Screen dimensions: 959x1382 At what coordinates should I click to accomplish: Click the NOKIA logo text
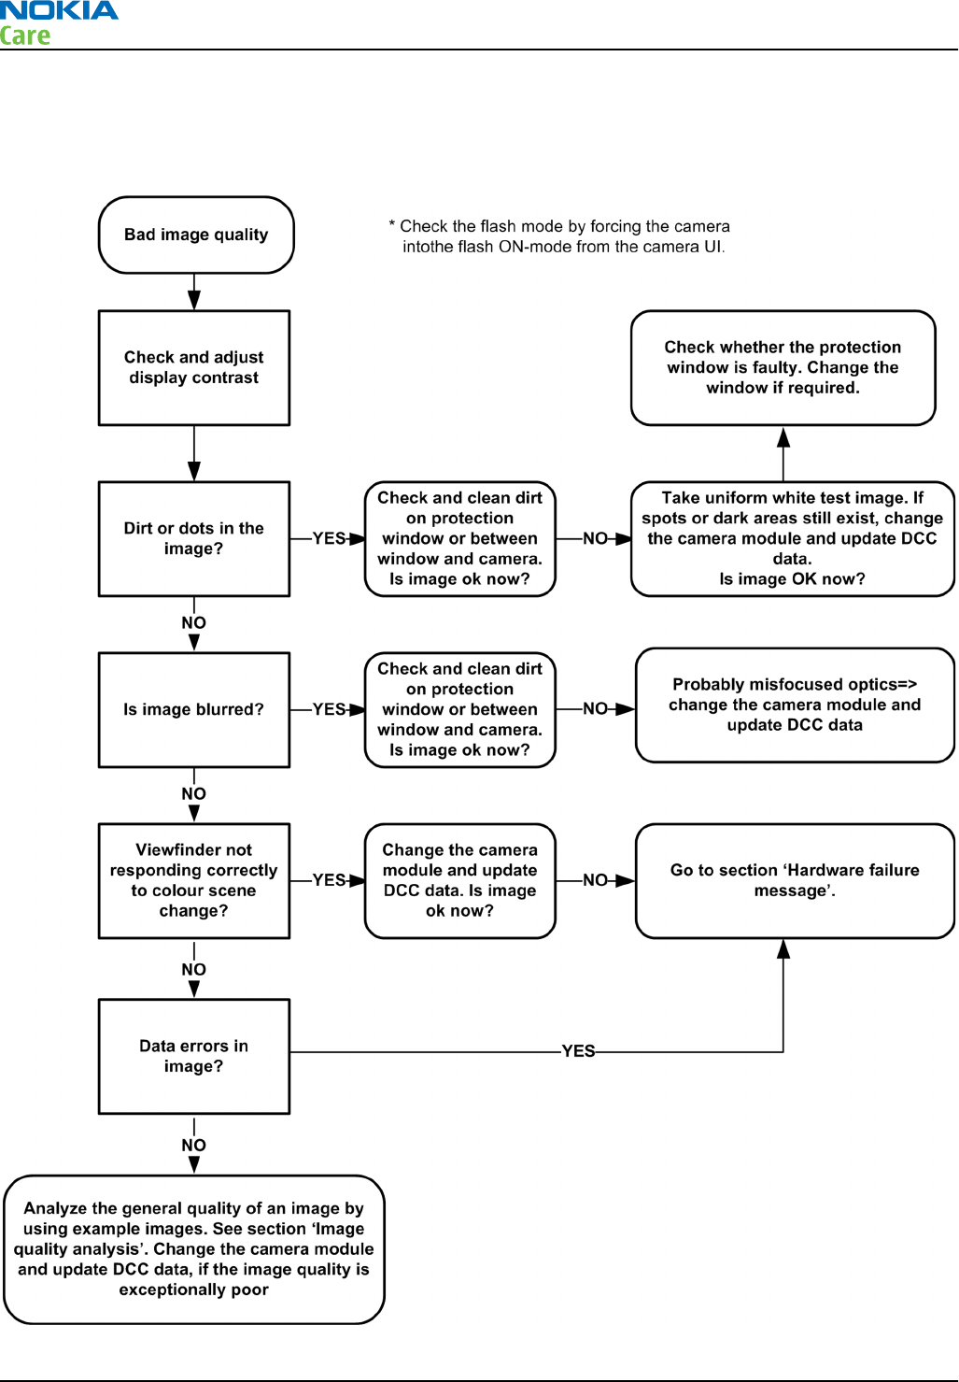59,10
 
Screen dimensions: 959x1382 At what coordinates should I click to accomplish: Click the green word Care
24,36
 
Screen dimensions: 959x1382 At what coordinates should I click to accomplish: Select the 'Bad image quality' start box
196,235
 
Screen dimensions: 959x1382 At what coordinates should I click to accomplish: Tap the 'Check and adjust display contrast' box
194,368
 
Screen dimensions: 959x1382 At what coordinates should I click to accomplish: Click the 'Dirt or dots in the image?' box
194,538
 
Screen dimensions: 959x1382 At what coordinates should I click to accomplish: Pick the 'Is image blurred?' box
194,709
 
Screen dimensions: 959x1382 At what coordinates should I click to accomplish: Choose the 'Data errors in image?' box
194,1056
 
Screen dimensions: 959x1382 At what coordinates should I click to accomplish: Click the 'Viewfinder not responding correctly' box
194,880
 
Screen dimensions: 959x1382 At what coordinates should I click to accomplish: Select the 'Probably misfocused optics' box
795,705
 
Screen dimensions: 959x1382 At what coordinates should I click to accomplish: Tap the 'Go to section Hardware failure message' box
795,880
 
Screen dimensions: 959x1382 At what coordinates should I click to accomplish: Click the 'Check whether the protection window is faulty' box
783,368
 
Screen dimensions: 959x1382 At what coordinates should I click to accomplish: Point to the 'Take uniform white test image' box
793,538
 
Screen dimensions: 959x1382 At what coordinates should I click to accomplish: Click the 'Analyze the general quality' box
194,1249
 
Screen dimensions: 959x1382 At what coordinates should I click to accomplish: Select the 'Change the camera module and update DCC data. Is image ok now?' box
460,880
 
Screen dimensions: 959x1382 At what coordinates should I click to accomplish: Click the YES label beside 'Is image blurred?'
329,709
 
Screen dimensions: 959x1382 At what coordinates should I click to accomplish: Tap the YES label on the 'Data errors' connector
579,1050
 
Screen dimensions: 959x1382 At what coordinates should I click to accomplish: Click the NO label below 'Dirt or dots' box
193,622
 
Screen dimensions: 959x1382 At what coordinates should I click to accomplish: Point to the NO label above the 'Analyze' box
193,1145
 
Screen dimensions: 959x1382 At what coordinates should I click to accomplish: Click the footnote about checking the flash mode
559,236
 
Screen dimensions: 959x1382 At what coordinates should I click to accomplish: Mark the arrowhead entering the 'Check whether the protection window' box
783,436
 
